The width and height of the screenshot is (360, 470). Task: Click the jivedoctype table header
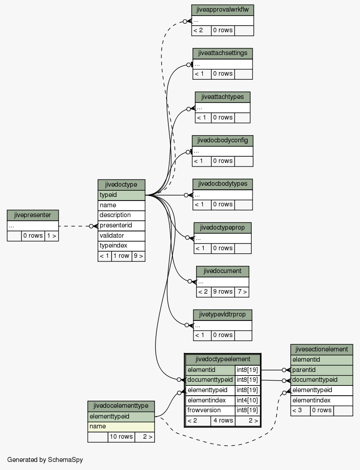pos(121,184)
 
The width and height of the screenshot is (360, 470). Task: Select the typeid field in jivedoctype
pos(121,195)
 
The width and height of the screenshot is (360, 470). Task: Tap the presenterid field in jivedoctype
pos(121,226)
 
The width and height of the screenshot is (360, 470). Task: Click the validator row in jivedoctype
pos(121,235)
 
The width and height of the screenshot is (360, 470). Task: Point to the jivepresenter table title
pos(33,215)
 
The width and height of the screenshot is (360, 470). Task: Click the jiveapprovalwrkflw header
pos(223,10)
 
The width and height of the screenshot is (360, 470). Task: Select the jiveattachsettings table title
pos(223,53)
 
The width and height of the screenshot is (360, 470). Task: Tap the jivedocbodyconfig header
pos(223,141)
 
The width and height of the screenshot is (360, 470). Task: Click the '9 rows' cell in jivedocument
pos(223,292)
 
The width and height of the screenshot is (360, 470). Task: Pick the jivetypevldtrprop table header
pos(223,315)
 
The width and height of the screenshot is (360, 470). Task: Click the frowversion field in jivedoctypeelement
pos(210,410)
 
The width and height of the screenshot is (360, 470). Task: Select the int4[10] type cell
pos(247,401)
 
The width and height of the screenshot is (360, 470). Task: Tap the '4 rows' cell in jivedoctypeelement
pos(223,421)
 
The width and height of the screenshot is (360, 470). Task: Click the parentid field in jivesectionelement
pos(321,370)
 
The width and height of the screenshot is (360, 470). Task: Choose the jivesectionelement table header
pos(321,350)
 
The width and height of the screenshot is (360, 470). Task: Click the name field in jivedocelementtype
pos(121,427)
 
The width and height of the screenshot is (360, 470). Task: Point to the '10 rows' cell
pos(121,437)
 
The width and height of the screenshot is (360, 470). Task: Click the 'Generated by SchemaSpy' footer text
pos(45,460)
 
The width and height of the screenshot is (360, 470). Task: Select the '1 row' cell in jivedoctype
pos(121,256)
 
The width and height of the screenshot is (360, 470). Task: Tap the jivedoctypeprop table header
pos(223,228)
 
